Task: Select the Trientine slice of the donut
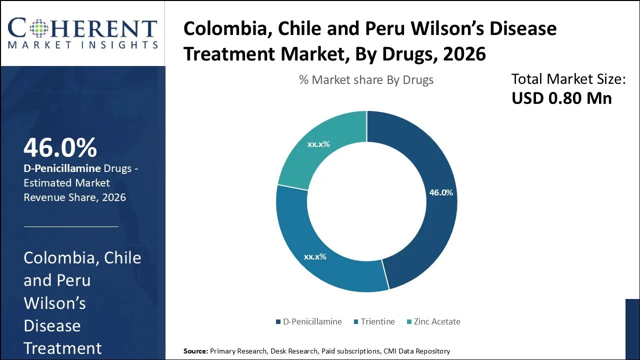(x=320, y=250)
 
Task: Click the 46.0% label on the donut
(x=440, y=192)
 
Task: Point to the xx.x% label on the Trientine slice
(x=315, y=256)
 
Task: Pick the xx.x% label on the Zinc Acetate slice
(x=318, y=144)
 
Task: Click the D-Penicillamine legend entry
(x=308, y=321)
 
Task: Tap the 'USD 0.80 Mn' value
(x=561, y=98)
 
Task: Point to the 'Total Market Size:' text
(x=568, y=79)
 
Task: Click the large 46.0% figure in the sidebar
(x=60, y=147)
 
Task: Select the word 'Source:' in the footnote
(x=195, y=351)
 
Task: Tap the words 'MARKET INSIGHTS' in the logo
(x=82, y=45)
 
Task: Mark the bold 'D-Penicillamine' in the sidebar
(x=62, y=168)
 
